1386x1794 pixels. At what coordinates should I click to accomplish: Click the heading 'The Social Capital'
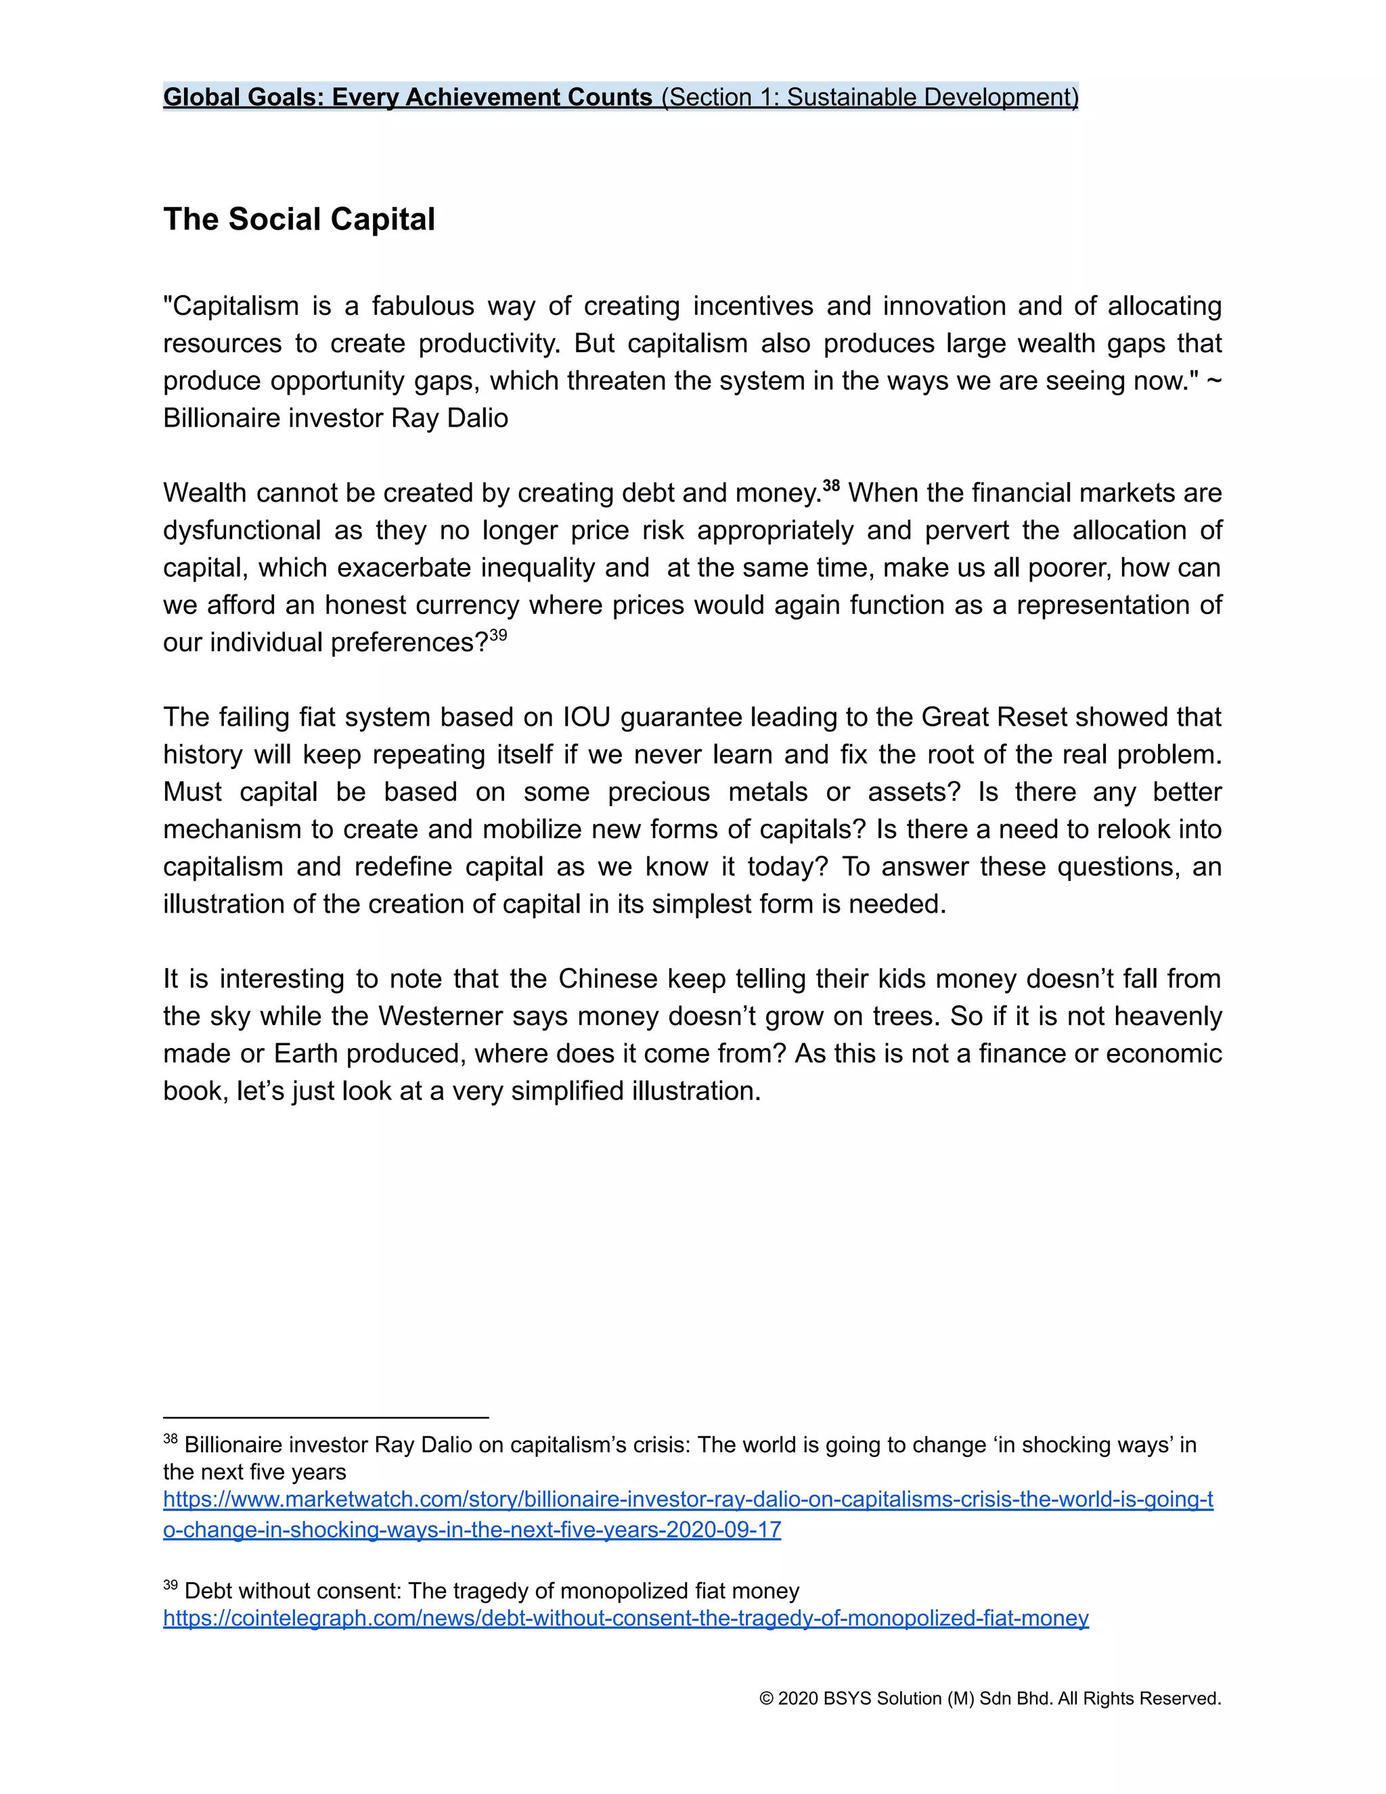tap(299, 219)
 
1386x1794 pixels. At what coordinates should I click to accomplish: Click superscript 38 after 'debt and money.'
tap(831, 485)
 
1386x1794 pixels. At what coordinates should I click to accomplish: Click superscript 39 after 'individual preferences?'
tap(498, 635)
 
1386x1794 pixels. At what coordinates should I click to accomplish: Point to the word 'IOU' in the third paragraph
tap(586, 717)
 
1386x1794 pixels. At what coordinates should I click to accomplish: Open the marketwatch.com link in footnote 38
tap(688, 1500)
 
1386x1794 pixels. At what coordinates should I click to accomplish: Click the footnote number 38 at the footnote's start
tap(170, 1439)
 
